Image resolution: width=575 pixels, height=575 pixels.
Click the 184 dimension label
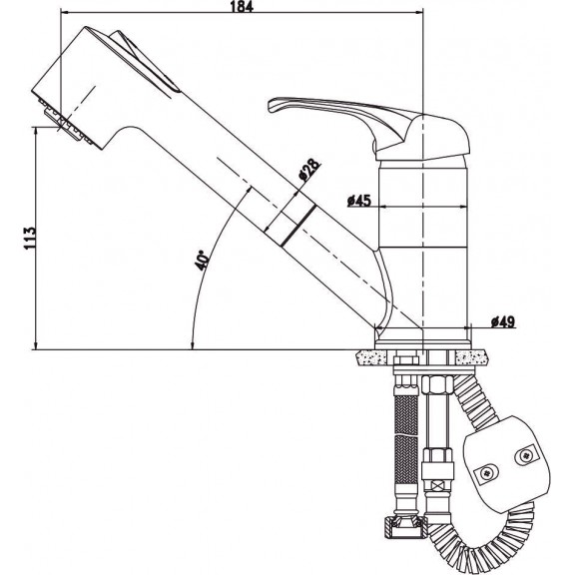coord(242,6)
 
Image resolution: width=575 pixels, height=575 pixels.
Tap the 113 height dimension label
coord(30,239)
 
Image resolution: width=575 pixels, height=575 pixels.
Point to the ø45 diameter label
coord(359,201)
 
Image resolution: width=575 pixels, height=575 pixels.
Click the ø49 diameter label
coord(503,322)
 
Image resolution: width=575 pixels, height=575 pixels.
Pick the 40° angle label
coord(202,261)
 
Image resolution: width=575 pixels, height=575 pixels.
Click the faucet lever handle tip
coord(272,105)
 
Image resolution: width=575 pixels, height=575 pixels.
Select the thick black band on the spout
coord(298,226)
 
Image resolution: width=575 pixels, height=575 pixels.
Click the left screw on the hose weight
coord(487,473)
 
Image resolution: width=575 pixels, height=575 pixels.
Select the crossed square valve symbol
coord(436,487)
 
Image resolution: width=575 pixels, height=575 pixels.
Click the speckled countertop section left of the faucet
coord(370,357)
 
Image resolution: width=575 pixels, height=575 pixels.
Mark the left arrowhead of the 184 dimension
coord(65,12)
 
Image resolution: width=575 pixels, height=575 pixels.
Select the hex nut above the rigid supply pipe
coord(437,385)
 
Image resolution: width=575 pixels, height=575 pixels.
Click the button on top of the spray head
coord(145,61)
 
